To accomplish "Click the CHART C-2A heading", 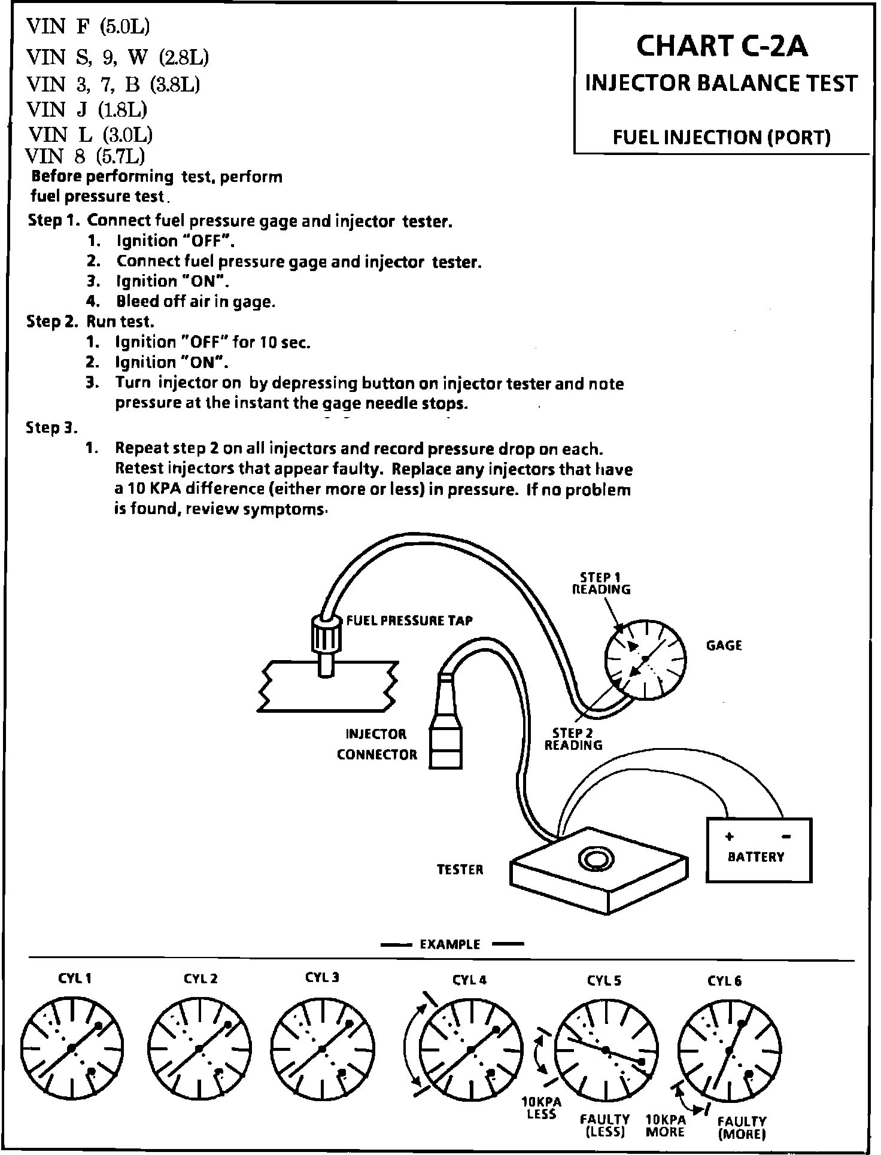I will pyautogui.click(x=721, y=47).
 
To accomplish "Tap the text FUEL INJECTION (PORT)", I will pyautogui.click(x=721, y=138).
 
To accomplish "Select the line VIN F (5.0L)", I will pyautogui.click(x=88, y=27).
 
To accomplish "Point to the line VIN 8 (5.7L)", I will pyautogui.click(x=86, y=156).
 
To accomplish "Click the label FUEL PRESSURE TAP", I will pyautogui.click(x=409, y=621).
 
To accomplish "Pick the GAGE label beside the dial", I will pyautogui.click(x=724, y=646).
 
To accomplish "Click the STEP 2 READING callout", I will pyautogui.click(x=573, y=739).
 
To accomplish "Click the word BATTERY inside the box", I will pyautogui.click(x=755, y=856).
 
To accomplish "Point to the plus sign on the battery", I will pyautogui.click(x=729, y=837).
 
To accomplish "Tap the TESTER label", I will pyautogui.click(x=460, y=870).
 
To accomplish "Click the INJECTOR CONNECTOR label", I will pyautogui.click(x=376, y=744).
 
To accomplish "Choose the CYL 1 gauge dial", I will pyautogui.click(x=72, y=1048).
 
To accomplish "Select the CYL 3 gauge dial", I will pyautogui.click(x=323, y=1048).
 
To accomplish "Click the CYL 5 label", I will pyautogui.click(x=604, y=980).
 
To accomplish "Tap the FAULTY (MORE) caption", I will pyautogui.click(x=742, y=1127).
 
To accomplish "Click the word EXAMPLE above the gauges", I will pyautogui.click(x=450, y=944).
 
